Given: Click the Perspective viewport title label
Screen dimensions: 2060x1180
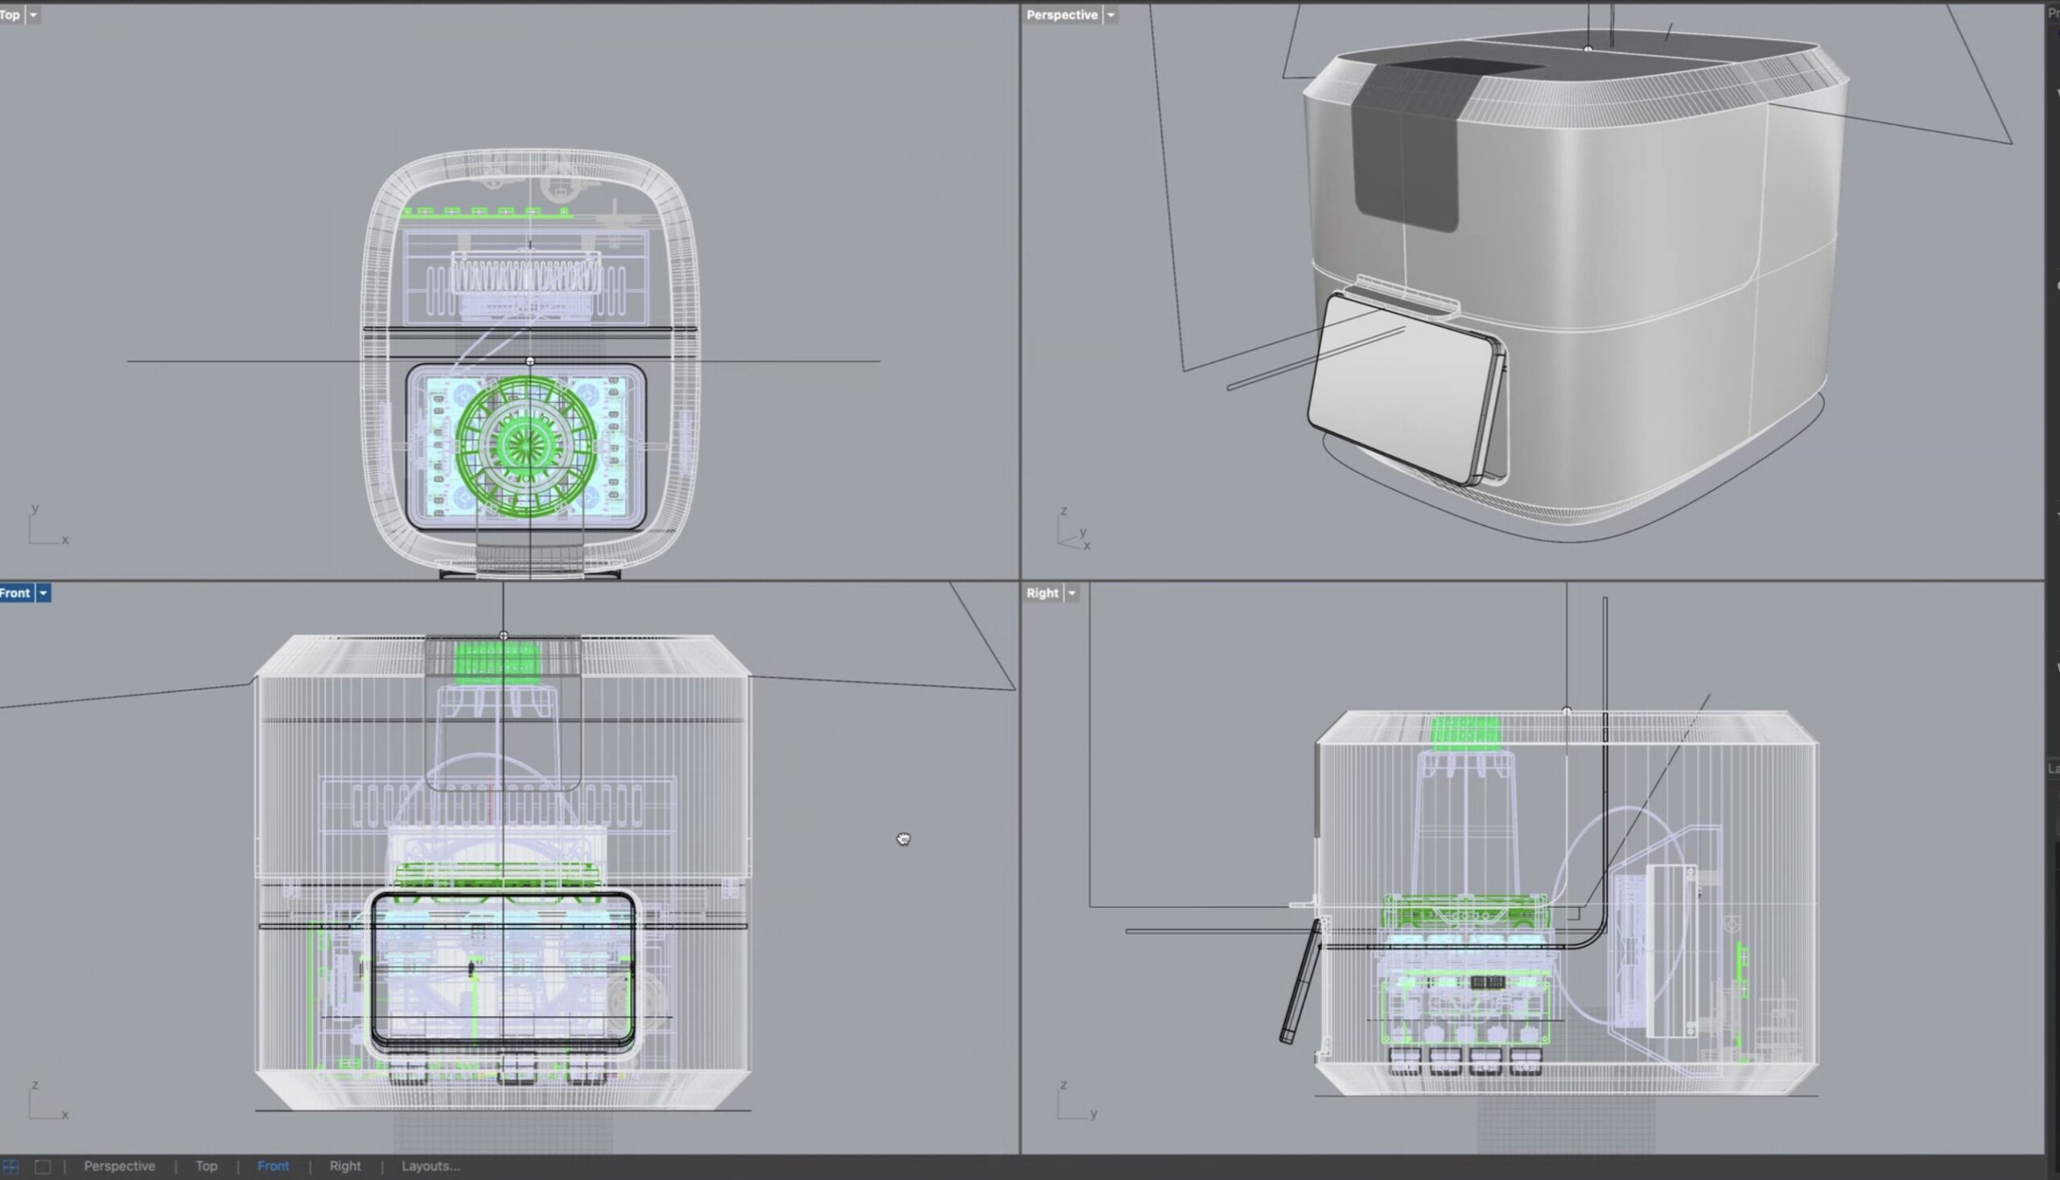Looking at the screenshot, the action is (1061, 14).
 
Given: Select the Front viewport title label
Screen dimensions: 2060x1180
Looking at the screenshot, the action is (15, 594).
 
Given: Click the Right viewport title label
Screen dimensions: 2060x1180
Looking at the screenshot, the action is (1042, 594).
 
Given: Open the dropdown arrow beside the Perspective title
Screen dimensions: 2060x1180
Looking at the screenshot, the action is (1110, 14).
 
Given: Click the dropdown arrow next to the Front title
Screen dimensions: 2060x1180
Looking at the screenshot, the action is (43, 594).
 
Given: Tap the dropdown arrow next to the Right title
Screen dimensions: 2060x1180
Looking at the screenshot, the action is (1072, 594).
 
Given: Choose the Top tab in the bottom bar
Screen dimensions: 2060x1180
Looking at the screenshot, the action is (206, 1166).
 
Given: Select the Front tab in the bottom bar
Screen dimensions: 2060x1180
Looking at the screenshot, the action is (274, 1166).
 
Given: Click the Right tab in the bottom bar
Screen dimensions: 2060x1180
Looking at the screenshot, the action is (344, 1166).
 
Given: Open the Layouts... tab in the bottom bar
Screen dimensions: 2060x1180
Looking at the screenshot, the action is (431, 1166).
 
